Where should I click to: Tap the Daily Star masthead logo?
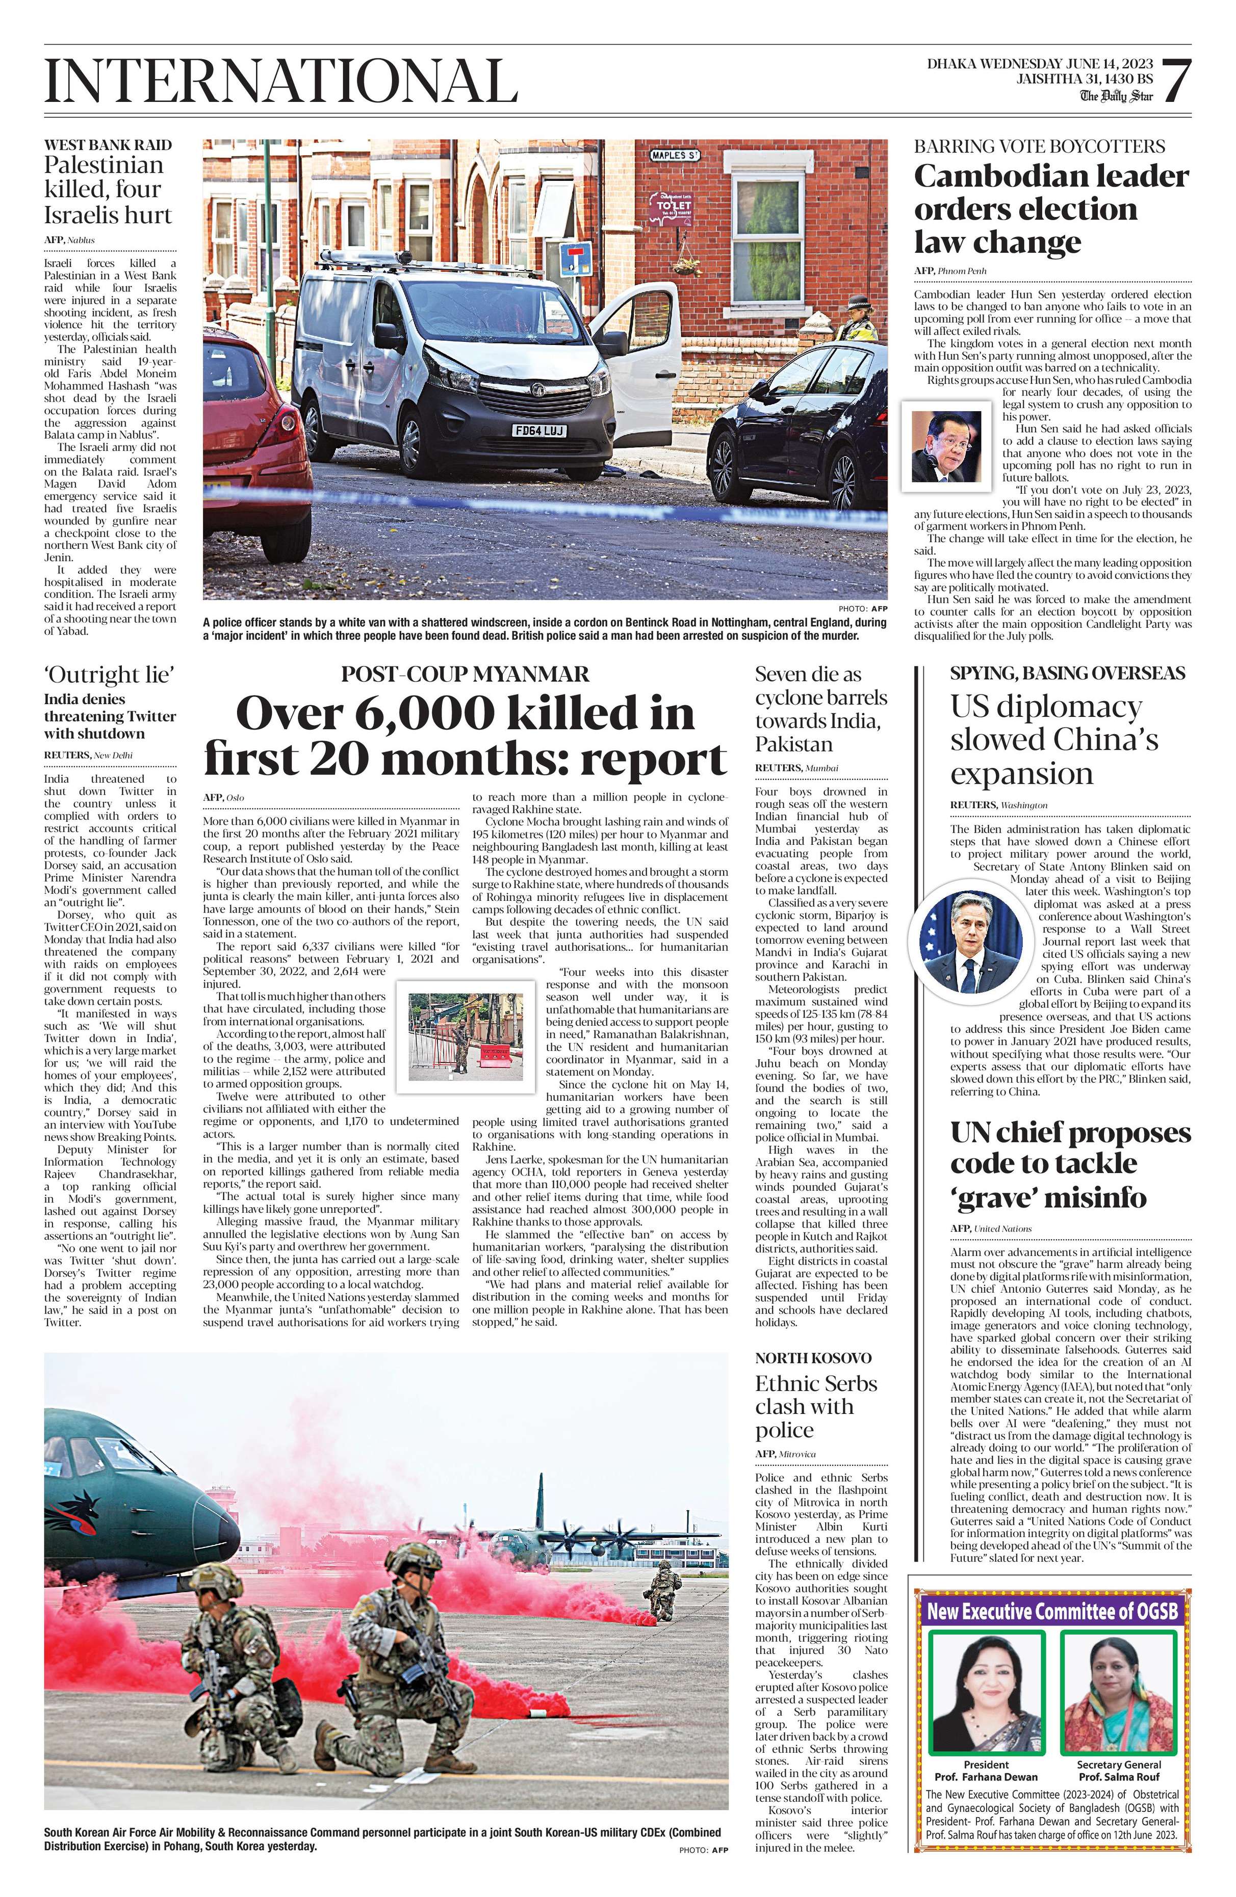(x=1116, y=96)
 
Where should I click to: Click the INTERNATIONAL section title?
(x=280, y=81)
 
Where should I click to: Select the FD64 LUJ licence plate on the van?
(x=540, y=431)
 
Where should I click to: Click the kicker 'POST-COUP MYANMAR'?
(x=465, y=674)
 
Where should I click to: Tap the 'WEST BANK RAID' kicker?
(x=108, y=145)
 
